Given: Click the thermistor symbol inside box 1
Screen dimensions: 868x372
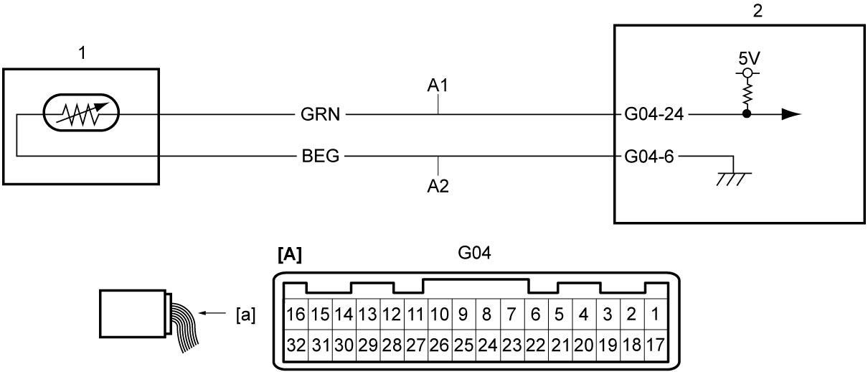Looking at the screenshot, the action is pyautogui.click(x=81, y=113).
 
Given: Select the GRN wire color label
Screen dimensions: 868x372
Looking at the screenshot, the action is pyautogui.click(x=320, y=114).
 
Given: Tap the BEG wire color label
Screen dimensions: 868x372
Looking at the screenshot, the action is pyautogui.click(x=321, y=156).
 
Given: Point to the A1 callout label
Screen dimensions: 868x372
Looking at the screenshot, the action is pyautogui.click(x=438, y=85).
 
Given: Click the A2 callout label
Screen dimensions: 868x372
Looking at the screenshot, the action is pyautogui.click(x=438, y=187).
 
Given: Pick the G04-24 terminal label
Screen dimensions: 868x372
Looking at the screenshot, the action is pyautogui.click(x=654, y=114).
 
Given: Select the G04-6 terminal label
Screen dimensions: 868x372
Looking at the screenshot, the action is pyautogui.click(x=649, y=157).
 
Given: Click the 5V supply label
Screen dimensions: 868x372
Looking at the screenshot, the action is pyautogui.click(x=749, y=59).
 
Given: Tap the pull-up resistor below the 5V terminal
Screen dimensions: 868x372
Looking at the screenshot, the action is pyautogui.click(x=747, y=93).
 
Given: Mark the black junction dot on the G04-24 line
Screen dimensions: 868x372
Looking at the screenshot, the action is pyautogui.click(x=747, y=114).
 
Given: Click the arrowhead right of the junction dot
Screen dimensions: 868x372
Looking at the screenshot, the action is pyautogui.click(x=791, y=114).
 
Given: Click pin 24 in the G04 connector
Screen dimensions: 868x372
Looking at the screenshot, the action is pyautogui.click(x=488, y=345).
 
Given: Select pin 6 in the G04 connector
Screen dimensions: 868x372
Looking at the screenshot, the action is pyautogui.click(x=535, y=315).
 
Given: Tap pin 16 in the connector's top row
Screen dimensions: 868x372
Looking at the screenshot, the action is pyautogui.click(x=296, y=315).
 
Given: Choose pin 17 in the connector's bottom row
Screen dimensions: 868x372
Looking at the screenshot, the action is pyautogui.click(x=655, y=345).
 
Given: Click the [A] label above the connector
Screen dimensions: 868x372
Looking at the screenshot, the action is pyautogui.click(x=290, y=254).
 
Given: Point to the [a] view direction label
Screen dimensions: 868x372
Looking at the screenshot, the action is pyautogui.click(x=245, y=315).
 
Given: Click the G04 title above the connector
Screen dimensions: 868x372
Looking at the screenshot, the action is pyautogui.click(x=474, y=253).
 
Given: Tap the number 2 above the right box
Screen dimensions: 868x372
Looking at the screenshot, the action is pyautogui.click(x=758, y=11).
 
